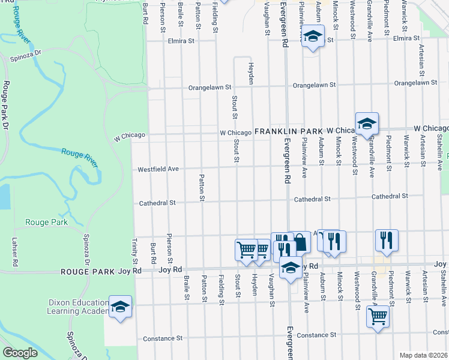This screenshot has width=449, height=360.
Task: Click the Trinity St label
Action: point(135,252)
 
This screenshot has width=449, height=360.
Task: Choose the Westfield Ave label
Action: point(158,169)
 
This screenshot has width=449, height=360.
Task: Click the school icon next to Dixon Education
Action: point(121,307)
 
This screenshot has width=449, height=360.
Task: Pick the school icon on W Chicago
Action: point(366,124)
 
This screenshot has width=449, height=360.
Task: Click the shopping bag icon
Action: point(300,242)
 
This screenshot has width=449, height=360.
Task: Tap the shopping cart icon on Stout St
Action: point(246,250)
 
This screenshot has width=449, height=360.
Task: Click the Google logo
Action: point(20,353)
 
